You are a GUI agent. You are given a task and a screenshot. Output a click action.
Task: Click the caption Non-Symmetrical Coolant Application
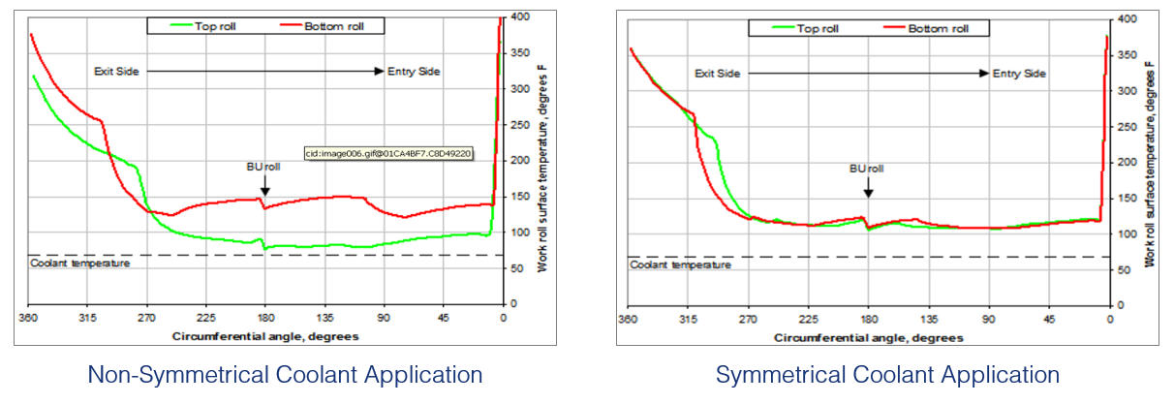click(x=285, y=375)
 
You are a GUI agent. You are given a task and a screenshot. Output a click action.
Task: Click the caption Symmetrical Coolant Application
click(x=887, y=375)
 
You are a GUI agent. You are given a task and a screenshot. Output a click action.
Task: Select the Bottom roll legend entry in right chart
click(x=937, y=28)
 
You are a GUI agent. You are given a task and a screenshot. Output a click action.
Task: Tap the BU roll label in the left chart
click(x=263, y=166)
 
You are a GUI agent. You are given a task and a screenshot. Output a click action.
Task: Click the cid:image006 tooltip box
click(x=387, y=153)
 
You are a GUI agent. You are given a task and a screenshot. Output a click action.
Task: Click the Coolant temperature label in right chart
click(x=682, y=264)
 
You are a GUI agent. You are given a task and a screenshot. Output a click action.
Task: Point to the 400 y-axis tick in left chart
click(x=521, y=17)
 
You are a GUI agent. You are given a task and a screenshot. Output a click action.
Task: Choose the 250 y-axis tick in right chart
click(x=1126, y=126)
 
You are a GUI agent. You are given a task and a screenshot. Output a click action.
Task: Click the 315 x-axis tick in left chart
click(x=87, y=317)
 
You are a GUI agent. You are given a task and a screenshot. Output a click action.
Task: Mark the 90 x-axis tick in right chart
click(x=988, y=319)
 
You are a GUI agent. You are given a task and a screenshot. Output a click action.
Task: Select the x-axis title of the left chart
click(x=265, y=335)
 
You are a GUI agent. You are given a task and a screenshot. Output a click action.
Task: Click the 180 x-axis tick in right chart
click(x=868, y=319)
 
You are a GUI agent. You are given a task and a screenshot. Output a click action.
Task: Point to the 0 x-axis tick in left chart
click(x=502, y=317)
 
